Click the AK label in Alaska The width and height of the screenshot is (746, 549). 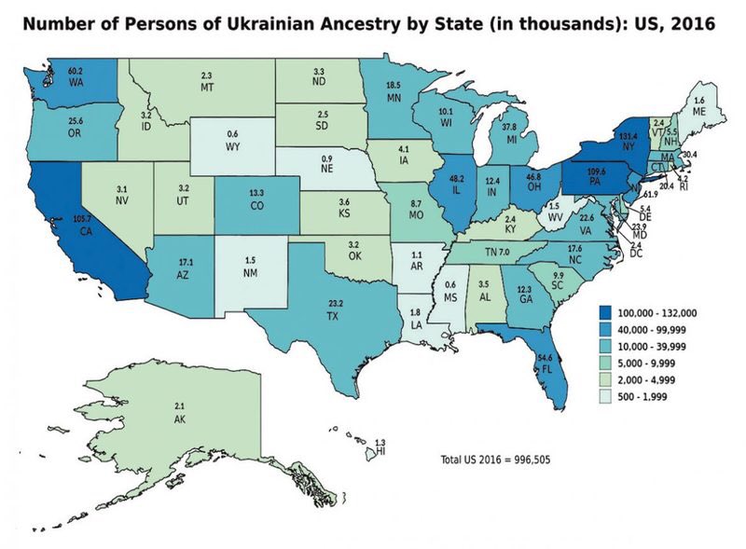coord(180,420)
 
